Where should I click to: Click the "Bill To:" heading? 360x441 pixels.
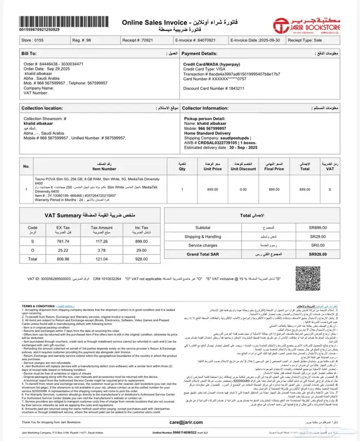29,53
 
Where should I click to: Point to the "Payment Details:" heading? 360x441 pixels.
200,53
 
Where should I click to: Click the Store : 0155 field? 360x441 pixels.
33,39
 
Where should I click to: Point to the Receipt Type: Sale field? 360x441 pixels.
312,39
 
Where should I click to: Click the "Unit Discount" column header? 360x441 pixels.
244,168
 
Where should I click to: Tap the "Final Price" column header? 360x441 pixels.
274,168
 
